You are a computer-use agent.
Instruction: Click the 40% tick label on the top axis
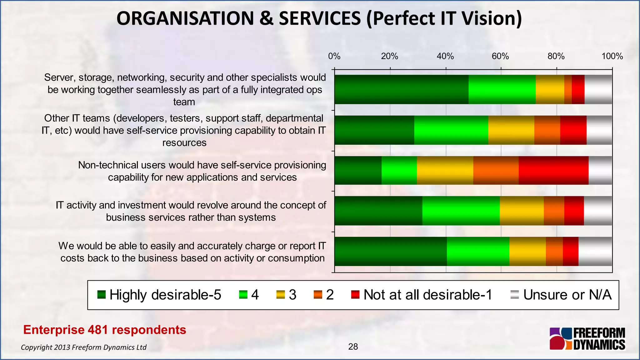click(x=445, y=56)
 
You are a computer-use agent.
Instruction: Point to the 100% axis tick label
click(x=612, y=56)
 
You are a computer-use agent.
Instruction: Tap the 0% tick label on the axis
click(x=334, y=56)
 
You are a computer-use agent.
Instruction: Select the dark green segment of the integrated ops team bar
click(x=401, y=89)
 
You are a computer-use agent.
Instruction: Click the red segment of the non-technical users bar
click(x=553, y=170)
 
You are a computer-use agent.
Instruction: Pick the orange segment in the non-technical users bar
click(x=496, y=170)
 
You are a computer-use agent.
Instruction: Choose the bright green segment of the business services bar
click(x=461, y=211)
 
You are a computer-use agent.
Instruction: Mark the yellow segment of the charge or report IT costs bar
click(x=527, y=251)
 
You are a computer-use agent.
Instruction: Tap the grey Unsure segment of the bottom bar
click(x=595, y=251)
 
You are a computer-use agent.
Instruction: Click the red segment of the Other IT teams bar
click(x=573, y=130)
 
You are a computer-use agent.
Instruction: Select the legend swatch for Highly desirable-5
click(x=102, y=295)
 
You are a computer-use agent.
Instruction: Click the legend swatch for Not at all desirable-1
click(x=355, y=295)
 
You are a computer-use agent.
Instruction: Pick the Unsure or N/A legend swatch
click(x=514, y=295)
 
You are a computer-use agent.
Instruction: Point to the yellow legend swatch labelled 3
click(x=280, y=295)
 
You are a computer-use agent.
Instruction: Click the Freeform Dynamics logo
click(x=587, y=339)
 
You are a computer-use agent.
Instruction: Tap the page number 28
click(x=353, y=347)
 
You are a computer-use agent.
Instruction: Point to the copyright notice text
click(x=83, y=347)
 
